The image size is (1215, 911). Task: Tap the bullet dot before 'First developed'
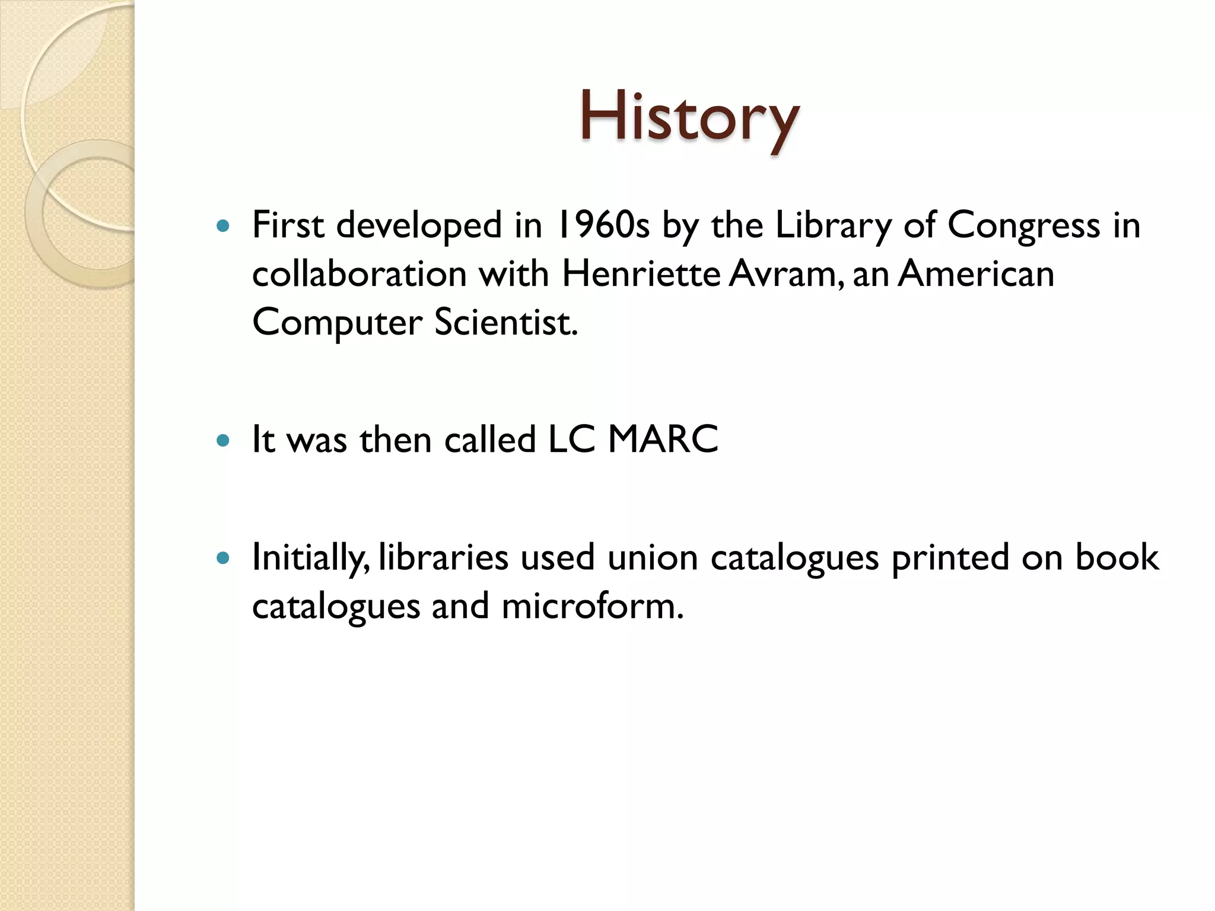223,226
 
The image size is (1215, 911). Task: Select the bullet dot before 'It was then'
223,441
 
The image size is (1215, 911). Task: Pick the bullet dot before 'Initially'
223,558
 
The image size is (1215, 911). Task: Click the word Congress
1023,227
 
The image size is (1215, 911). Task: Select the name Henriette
641,274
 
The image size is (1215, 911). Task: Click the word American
976,274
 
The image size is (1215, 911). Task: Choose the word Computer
338,323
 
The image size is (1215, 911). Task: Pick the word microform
592,606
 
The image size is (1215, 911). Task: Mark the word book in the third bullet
1117,558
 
